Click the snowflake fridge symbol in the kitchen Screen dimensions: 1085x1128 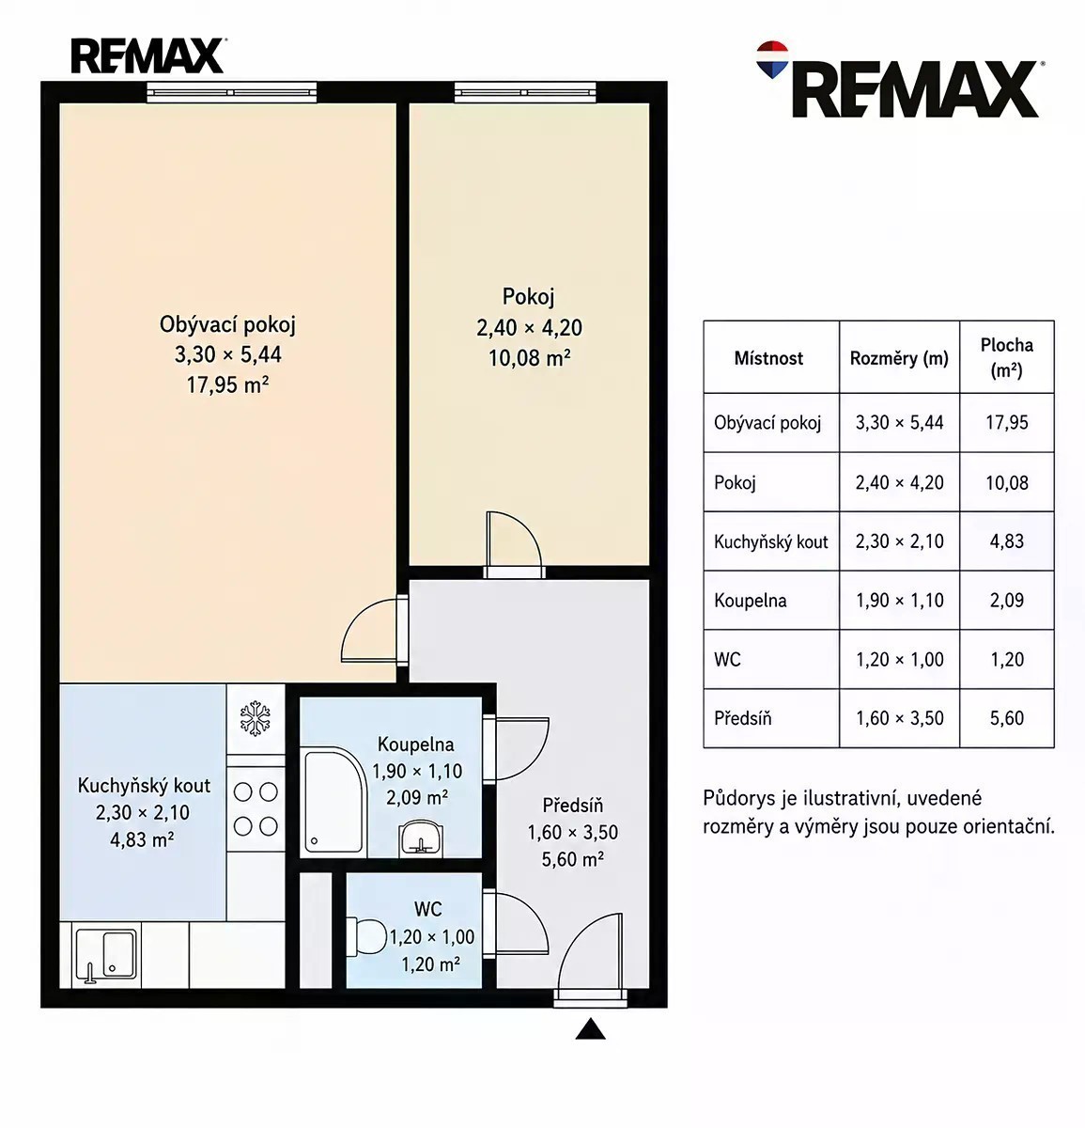(256, 719)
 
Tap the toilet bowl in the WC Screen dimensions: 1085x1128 (366, 935)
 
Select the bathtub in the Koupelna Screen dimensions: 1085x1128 (335, 803)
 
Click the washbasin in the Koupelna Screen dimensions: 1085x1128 (420, 837)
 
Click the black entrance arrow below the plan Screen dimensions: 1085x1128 (590, 1029)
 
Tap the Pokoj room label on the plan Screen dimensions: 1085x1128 (528, 296)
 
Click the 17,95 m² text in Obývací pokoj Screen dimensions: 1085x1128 (227, 384)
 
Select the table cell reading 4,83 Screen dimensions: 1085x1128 (1007, 540)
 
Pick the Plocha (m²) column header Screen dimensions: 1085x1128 (1007, 357)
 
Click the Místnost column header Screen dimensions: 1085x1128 (768, 357)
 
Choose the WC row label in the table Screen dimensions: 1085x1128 (728, 659)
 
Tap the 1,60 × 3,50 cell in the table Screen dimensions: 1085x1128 (900, 718)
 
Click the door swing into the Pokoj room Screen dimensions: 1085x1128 (515, 539)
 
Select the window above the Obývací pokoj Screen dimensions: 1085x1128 (232, 92)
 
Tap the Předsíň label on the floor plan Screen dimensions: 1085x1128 (572, 805)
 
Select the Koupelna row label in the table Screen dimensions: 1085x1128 (751, 600)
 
